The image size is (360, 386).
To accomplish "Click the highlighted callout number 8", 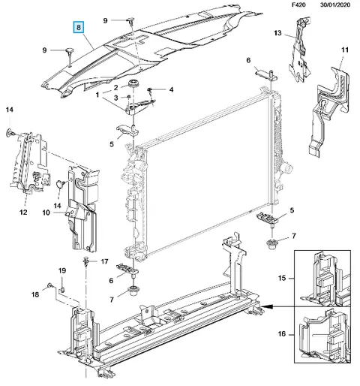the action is click(79, 27).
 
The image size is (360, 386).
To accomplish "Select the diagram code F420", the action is click(298, 5).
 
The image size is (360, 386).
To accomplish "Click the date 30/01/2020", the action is click(335, 5).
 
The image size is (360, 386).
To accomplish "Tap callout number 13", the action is click(277, 33).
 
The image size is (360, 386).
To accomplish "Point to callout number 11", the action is click(345, 50).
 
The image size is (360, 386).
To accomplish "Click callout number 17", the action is click(104, 261).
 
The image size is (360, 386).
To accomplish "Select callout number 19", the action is click(62, 270).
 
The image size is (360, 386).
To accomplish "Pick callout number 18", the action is click(35, 294).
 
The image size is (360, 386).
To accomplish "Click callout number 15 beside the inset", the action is click(282, 278).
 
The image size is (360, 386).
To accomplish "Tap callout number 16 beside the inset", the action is click(282, 334).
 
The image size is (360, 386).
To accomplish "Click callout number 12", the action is click(23, 213).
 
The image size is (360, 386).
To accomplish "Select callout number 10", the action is click(46, 213).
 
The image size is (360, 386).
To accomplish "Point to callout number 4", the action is click(171, 89).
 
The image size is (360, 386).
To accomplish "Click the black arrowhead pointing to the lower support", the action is click(265, 306).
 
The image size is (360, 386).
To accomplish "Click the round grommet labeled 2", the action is click(133, 83).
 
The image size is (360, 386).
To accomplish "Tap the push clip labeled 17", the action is click(85, 262).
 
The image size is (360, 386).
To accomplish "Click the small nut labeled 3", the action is click(128, 97).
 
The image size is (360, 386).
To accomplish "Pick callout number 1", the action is click(97, 95).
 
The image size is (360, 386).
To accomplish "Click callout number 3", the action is click(115, 98).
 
